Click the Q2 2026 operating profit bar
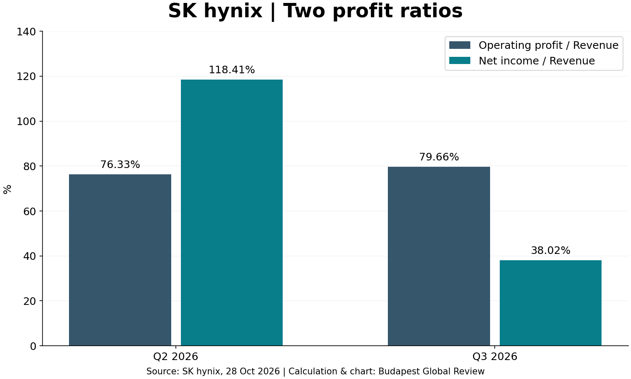[120, 260]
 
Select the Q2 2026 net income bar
[231, 213]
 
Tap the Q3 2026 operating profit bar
[439, 256]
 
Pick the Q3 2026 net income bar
[550, 303]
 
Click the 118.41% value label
[231, 69]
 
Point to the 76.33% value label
[120, 164]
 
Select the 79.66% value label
[439, 157]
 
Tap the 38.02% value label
[550, 251]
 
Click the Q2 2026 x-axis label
[175, 356]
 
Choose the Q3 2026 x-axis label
[495, 356]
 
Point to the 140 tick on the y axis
[26, 32]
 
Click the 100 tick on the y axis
[26, 122]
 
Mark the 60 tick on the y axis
[29, 211]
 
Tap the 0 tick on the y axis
[33, 346]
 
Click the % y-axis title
[7, 189]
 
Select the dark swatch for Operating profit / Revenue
[460, 45]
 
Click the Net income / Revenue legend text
[537, 61]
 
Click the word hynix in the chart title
[233, 11]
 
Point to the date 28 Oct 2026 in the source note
[253, 371]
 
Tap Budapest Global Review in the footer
[431, 371]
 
